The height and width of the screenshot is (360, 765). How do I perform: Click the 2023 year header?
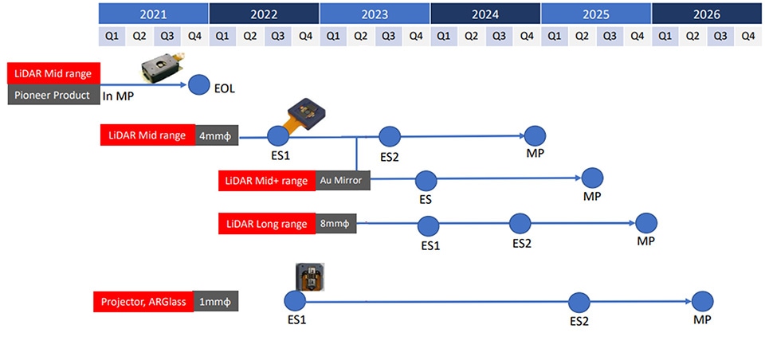[x=374, y=14]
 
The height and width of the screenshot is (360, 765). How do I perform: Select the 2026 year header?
[x=706, y=14]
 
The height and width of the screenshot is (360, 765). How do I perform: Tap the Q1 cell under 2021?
[x=111, y=36]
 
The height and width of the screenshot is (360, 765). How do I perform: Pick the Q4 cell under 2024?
[x=526, y=36]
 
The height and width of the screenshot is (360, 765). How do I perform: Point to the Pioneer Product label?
[x=53, y=96]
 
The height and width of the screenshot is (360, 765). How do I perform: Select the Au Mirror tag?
[x=343, y=181]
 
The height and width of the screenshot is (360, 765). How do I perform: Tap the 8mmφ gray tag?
[x=334, y=224]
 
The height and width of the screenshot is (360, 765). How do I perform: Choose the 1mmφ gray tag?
[x=216, y=302]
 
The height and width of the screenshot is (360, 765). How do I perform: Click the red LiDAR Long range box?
[x=265, y=224]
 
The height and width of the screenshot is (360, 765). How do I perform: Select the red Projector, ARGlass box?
[x=143, y=302]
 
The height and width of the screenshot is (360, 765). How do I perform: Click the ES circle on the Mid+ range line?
[x=426, y=180]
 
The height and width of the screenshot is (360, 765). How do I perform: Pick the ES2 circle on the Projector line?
[x=579, y=302]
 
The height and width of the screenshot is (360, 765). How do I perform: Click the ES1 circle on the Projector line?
[x=295, y=301]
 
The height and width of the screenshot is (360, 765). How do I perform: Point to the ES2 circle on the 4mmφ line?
[x=389, y=136]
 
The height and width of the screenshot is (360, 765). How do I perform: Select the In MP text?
[x=117, y=96]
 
